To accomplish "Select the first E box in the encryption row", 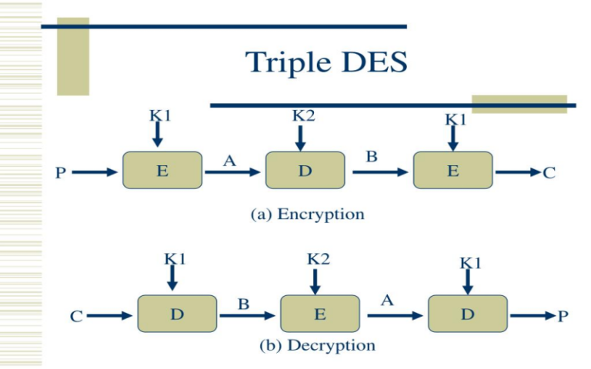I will coord(162,171).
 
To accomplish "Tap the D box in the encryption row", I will coord(306,171).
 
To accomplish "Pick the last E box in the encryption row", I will coord(452,171).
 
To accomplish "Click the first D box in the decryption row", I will coord(177,314).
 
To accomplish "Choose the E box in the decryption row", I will coord(319,314).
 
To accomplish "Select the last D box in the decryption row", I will coord(467,314).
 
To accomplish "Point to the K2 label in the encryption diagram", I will coord(303,116).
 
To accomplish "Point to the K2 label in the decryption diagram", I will coord(318,259).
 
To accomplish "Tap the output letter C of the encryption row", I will coord(549,173).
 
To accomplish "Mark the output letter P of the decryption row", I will coord(563,316).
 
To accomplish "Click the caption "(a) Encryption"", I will coord(308,214).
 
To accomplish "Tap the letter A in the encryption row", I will coord(229,161).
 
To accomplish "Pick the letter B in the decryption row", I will coord(243,304).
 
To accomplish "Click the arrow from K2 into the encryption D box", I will coord(301,138).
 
